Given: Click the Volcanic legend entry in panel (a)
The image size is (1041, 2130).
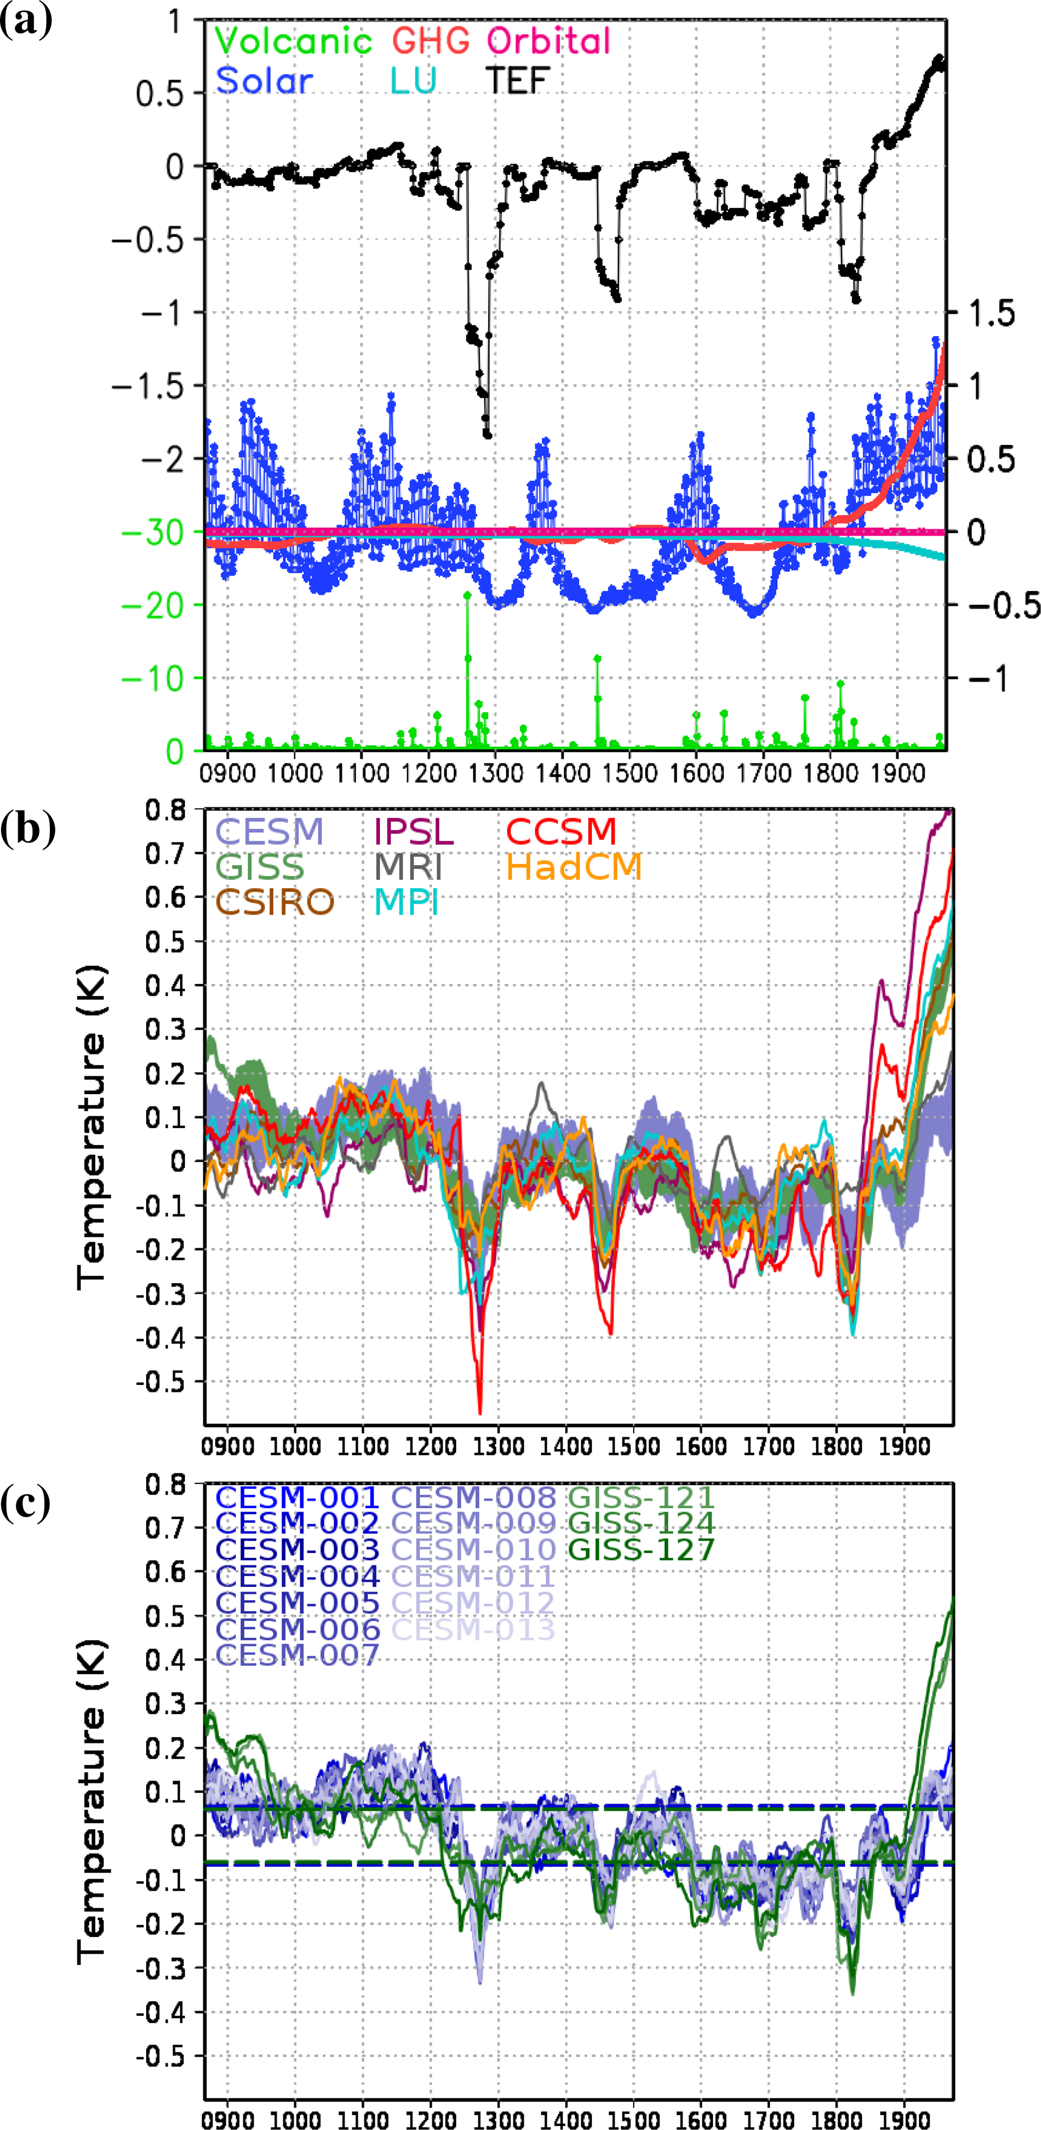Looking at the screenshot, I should tap(294, 40).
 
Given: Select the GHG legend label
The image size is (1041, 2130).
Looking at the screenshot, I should tap(431, 40).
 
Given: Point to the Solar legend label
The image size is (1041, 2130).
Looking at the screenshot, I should tap(264, 80).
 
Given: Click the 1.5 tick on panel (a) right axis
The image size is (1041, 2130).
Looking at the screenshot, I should tap(991, 313).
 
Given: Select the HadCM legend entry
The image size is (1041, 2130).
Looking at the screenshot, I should tap(574, 867).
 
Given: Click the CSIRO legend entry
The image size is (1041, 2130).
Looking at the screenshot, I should tap(274, 902).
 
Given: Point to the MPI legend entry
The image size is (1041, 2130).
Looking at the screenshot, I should tap(406, 902).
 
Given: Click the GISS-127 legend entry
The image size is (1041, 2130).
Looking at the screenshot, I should tap(642, 1550).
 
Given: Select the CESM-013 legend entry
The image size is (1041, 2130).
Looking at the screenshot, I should tap(473, 1629).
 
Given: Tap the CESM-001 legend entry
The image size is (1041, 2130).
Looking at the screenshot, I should tap(297, 1497).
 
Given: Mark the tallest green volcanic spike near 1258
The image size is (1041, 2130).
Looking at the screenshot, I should tap(468, 595).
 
